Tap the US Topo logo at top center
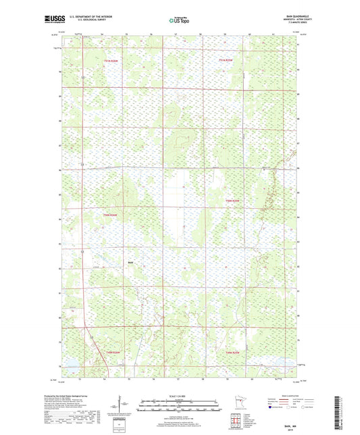(x=179, y=21)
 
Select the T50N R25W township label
(x=233, y=201)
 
